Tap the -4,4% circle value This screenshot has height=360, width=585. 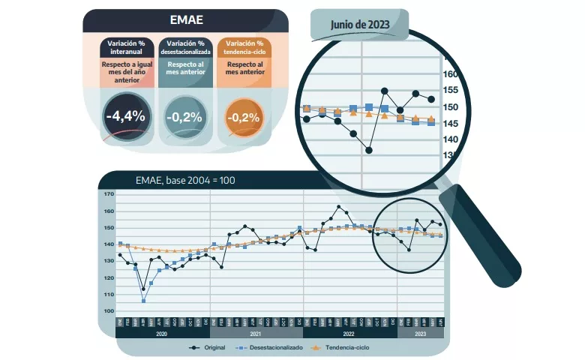(x=125, y=117)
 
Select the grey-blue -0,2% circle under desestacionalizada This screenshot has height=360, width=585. (x=183, y=117)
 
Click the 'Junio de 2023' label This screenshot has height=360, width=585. (x=361, y=25)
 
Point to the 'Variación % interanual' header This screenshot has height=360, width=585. (x=125, y=48)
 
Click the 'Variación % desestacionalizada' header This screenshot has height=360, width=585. (x=184, y=48)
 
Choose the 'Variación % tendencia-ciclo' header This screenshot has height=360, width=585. (x=244, y=48)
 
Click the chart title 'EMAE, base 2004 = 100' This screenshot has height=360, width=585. (x=185, y=180)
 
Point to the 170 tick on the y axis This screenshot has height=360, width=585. (x=108, y=194)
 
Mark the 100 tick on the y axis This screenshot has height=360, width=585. (x=108, y=311)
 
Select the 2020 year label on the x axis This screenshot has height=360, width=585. (x=163, y=333)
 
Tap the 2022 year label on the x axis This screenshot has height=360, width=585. (x=349, y=333)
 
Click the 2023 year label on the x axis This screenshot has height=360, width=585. (x=420, y=333)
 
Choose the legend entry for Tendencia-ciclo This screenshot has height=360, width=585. (x=340, y=347)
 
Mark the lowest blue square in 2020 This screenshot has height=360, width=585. (x=143, y=301)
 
